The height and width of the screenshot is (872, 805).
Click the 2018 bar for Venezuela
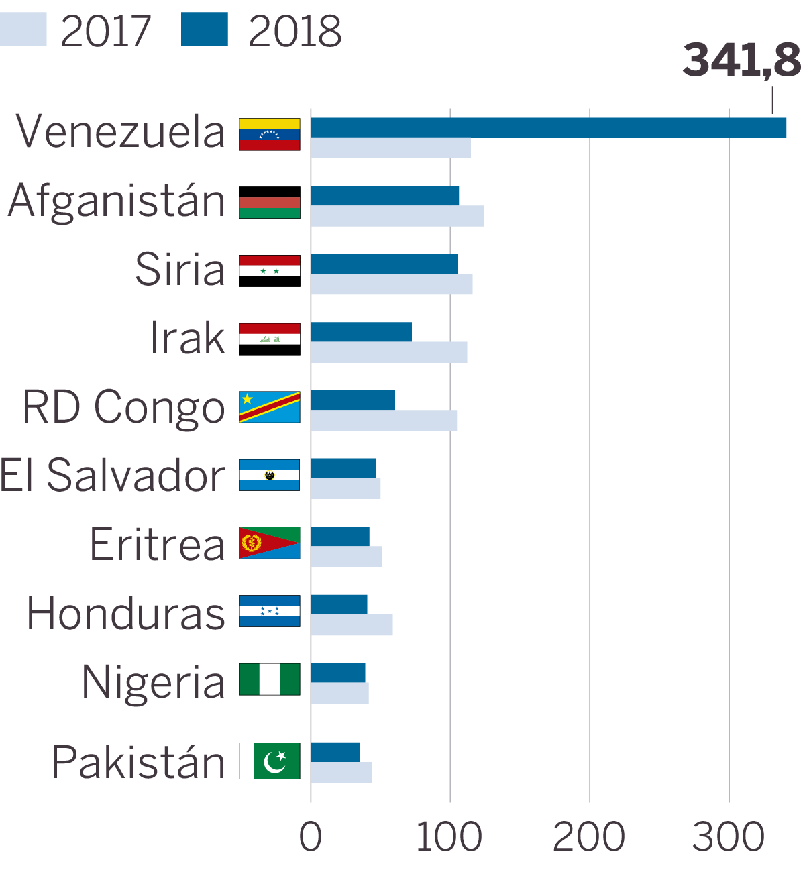click(548, 127)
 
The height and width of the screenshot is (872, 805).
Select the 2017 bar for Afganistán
click(397, 216)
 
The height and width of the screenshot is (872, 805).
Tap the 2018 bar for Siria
click(384, 264)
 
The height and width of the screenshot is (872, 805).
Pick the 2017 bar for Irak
click(388, 352)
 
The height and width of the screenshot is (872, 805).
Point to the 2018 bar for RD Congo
click(353, 400)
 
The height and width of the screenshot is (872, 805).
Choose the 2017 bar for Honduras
click(352, 625)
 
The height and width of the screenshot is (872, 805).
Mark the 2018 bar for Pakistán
click(335, 752)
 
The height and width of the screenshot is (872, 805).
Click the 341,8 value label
click(741, 60)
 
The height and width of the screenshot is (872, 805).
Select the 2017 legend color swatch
click(23, 30)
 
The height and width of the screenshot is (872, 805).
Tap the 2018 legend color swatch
click(205, 30)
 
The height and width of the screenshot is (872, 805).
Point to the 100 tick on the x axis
click(449, 837)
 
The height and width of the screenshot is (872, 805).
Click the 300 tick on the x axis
click(729, 837)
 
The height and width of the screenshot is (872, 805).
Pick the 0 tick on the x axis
click(311, 837)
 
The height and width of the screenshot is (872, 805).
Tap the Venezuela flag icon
click(270, 134)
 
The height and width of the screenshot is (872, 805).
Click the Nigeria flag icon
click(270, 679)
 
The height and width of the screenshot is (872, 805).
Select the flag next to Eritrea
click(270, 543)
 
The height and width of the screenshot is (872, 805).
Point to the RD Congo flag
click(270, 406)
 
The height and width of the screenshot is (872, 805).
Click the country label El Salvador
click(113, 476)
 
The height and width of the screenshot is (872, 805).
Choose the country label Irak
click(188, 338)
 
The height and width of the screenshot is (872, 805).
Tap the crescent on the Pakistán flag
click(275, 762)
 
